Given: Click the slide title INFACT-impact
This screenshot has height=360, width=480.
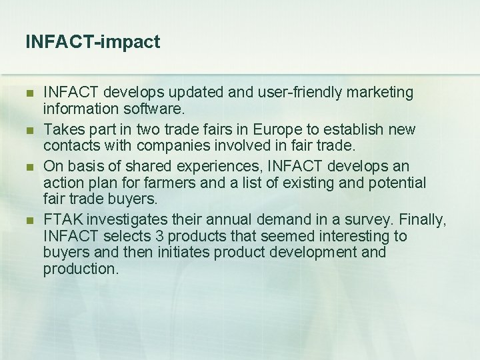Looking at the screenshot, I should pyautogui.click(x=93, y=42).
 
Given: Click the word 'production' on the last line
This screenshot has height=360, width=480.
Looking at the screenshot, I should pyautogui.click(x=80, y=268).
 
